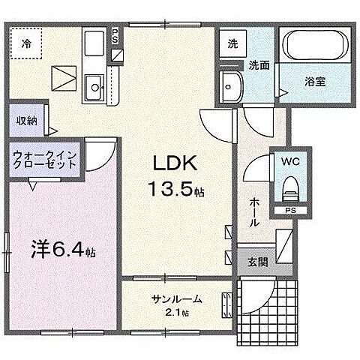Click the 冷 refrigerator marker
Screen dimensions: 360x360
pos(25,44)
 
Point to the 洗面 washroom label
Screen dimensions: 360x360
pos(259,64)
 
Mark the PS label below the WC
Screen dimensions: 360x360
pos(289,211)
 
